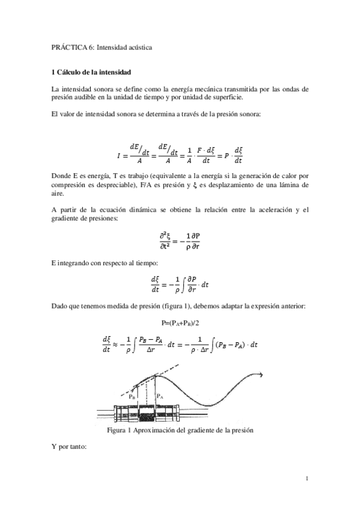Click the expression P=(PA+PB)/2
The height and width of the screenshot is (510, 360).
coord(180,323)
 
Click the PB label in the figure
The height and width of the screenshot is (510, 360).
coord(132,397)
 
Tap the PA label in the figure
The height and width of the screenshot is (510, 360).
coord(160,396)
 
